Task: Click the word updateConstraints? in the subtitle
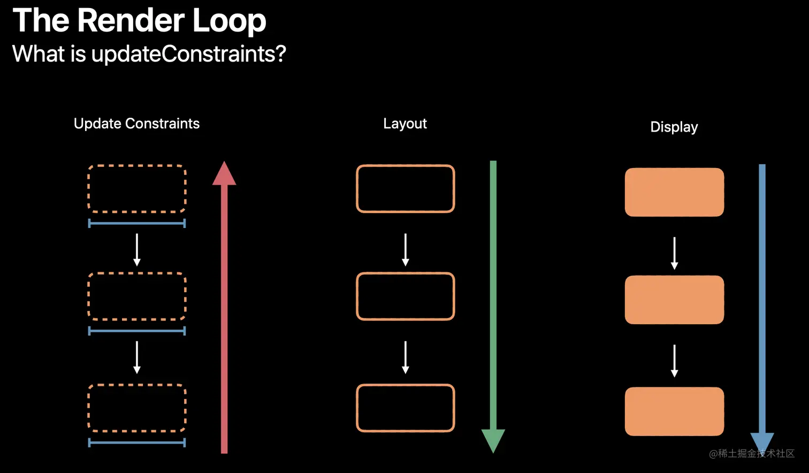[188, 54]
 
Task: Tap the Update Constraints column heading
[136, 124]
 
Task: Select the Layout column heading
[405, 124]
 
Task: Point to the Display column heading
[674, 127]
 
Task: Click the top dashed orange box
[137, 189]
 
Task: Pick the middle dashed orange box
[137, 296]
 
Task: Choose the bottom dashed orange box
[137, 408]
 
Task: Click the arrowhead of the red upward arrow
[224, 174]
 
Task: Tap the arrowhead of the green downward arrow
[493, 440]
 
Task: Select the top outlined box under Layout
[405, 189]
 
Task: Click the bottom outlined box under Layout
[405, 408]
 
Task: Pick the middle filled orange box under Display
[674, 300]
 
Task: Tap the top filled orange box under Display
[674, 192]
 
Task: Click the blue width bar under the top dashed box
[137, 223]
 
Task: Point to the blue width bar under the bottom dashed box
[137, 443]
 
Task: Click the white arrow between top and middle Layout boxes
[405, 250]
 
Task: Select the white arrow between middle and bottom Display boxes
[674, 361]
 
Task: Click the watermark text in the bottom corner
[752, 454]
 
